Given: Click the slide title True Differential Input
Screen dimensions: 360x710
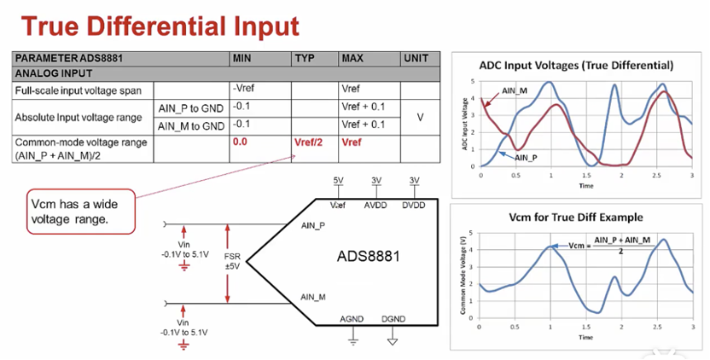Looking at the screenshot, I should point(160,25).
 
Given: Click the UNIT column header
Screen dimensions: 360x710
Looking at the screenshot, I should point(416,59).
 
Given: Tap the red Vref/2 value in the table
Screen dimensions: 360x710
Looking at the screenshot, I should point(309,142).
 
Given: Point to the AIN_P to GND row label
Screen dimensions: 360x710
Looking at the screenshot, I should point(189,107).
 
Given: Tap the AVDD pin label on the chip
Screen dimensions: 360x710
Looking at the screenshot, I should point(375,206).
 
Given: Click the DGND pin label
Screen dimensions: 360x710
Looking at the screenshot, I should point(393,318).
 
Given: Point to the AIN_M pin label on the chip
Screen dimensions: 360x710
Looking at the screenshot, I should point(313,296).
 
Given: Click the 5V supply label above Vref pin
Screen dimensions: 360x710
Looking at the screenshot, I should point(339,180).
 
